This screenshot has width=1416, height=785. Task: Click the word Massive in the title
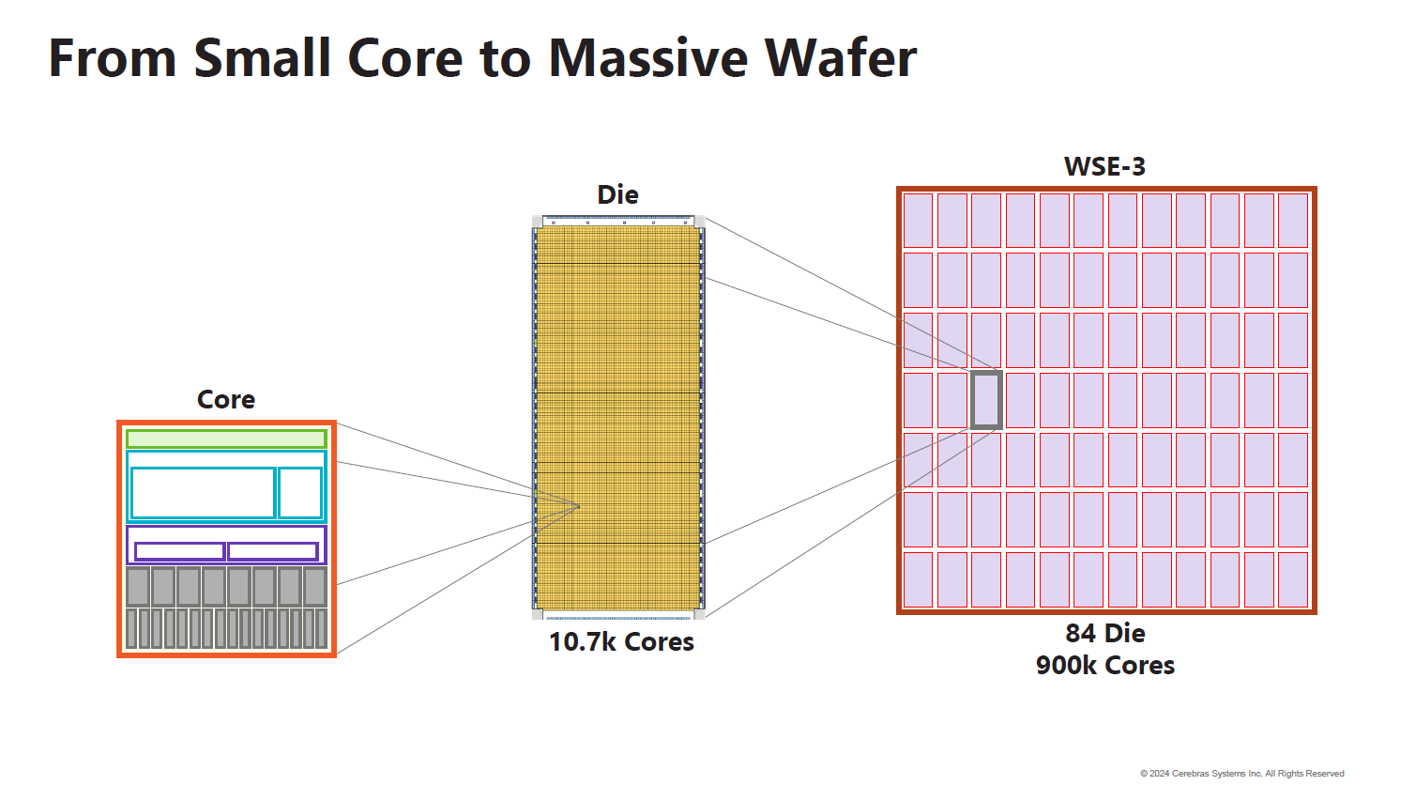point(647,58)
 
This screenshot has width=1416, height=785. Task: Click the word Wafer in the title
point(840,58)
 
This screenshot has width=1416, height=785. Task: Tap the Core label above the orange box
point(226,400)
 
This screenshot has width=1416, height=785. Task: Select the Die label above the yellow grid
point(617,195)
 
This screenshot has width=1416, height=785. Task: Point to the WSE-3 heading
point(1104,167)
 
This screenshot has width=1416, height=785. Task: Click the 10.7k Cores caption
point(621,642)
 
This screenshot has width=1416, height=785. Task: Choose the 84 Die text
point(1104,634)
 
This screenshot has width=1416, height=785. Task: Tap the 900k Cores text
point(1104,666)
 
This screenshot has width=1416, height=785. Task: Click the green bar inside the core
point(226,439)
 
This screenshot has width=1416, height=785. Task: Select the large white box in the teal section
point(203,492)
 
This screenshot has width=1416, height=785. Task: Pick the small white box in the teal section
point(300,492)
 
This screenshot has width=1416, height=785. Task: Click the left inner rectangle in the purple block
point(179,551)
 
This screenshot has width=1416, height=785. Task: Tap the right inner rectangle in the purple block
point(273,551)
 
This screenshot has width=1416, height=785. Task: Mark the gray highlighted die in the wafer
point(986,400)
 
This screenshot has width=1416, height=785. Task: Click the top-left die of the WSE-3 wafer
point(918,221)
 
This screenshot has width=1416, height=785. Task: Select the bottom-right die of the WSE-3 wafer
point(1293,579)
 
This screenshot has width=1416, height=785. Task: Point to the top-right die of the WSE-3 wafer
point(1293,221)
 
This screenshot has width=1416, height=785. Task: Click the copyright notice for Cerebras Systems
point(1241,774)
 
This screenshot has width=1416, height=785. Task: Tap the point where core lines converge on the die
point(578,507)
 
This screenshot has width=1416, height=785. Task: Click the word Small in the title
point(263,58)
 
